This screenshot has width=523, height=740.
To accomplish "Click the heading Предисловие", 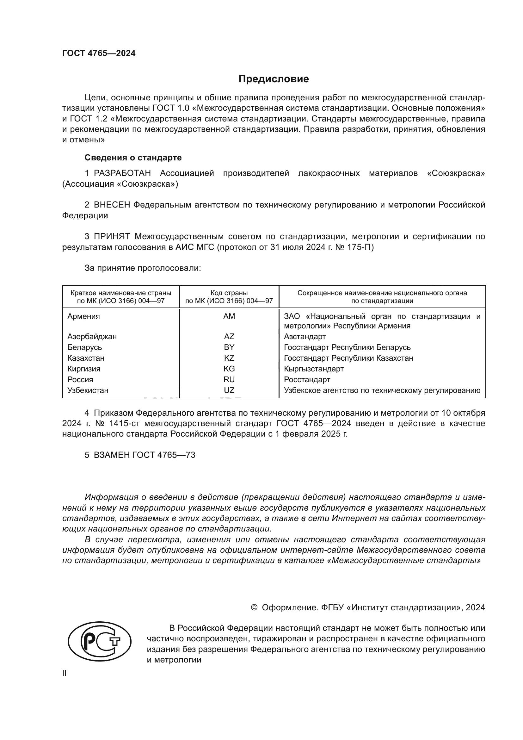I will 274,79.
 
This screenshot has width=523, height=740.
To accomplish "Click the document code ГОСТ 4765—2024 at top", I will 99,53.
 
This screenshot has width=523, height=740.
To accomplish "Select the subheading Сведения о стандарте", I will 133,158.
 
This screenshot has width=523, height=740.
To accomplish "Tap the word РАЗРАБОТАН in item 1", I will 122,173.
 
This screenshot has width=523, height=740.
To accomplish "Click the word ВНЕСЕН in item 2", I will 112,205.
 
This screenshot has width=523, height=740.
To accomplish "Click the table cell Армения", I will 83,316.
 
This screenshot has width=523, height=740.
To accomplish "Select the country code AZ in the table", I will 229,337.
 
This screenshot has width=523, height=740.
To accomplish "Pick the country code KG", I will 229,369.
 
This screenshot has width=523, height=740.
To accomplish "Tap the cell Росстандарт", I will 307,380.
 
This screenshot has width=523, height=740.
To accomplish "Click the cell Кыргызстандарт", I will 314,369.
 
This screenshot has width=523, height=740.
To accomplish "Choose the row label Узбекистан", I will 88,391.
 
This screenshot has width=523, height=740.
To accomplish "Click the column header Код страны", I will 229,293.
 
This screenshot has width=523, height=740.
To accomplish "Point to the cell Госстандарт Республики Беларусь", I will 347,347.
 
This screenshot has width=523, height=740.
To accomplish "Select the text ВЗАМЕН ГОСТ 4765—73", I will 144,455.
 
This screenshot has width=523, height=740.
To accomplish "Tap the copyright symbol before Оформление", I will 254,607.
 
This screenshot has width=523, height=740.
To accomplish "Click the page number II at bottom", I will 65,673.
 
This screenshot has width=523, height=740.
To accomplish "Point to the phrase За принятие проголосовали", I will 143,268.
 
